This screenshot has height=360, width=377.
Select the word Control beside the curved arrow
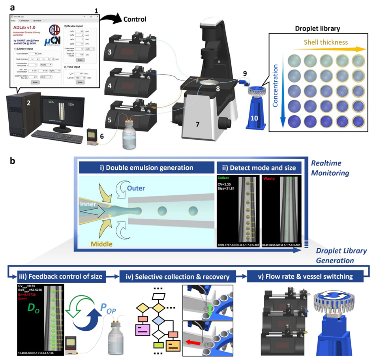tap(135, 19)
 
